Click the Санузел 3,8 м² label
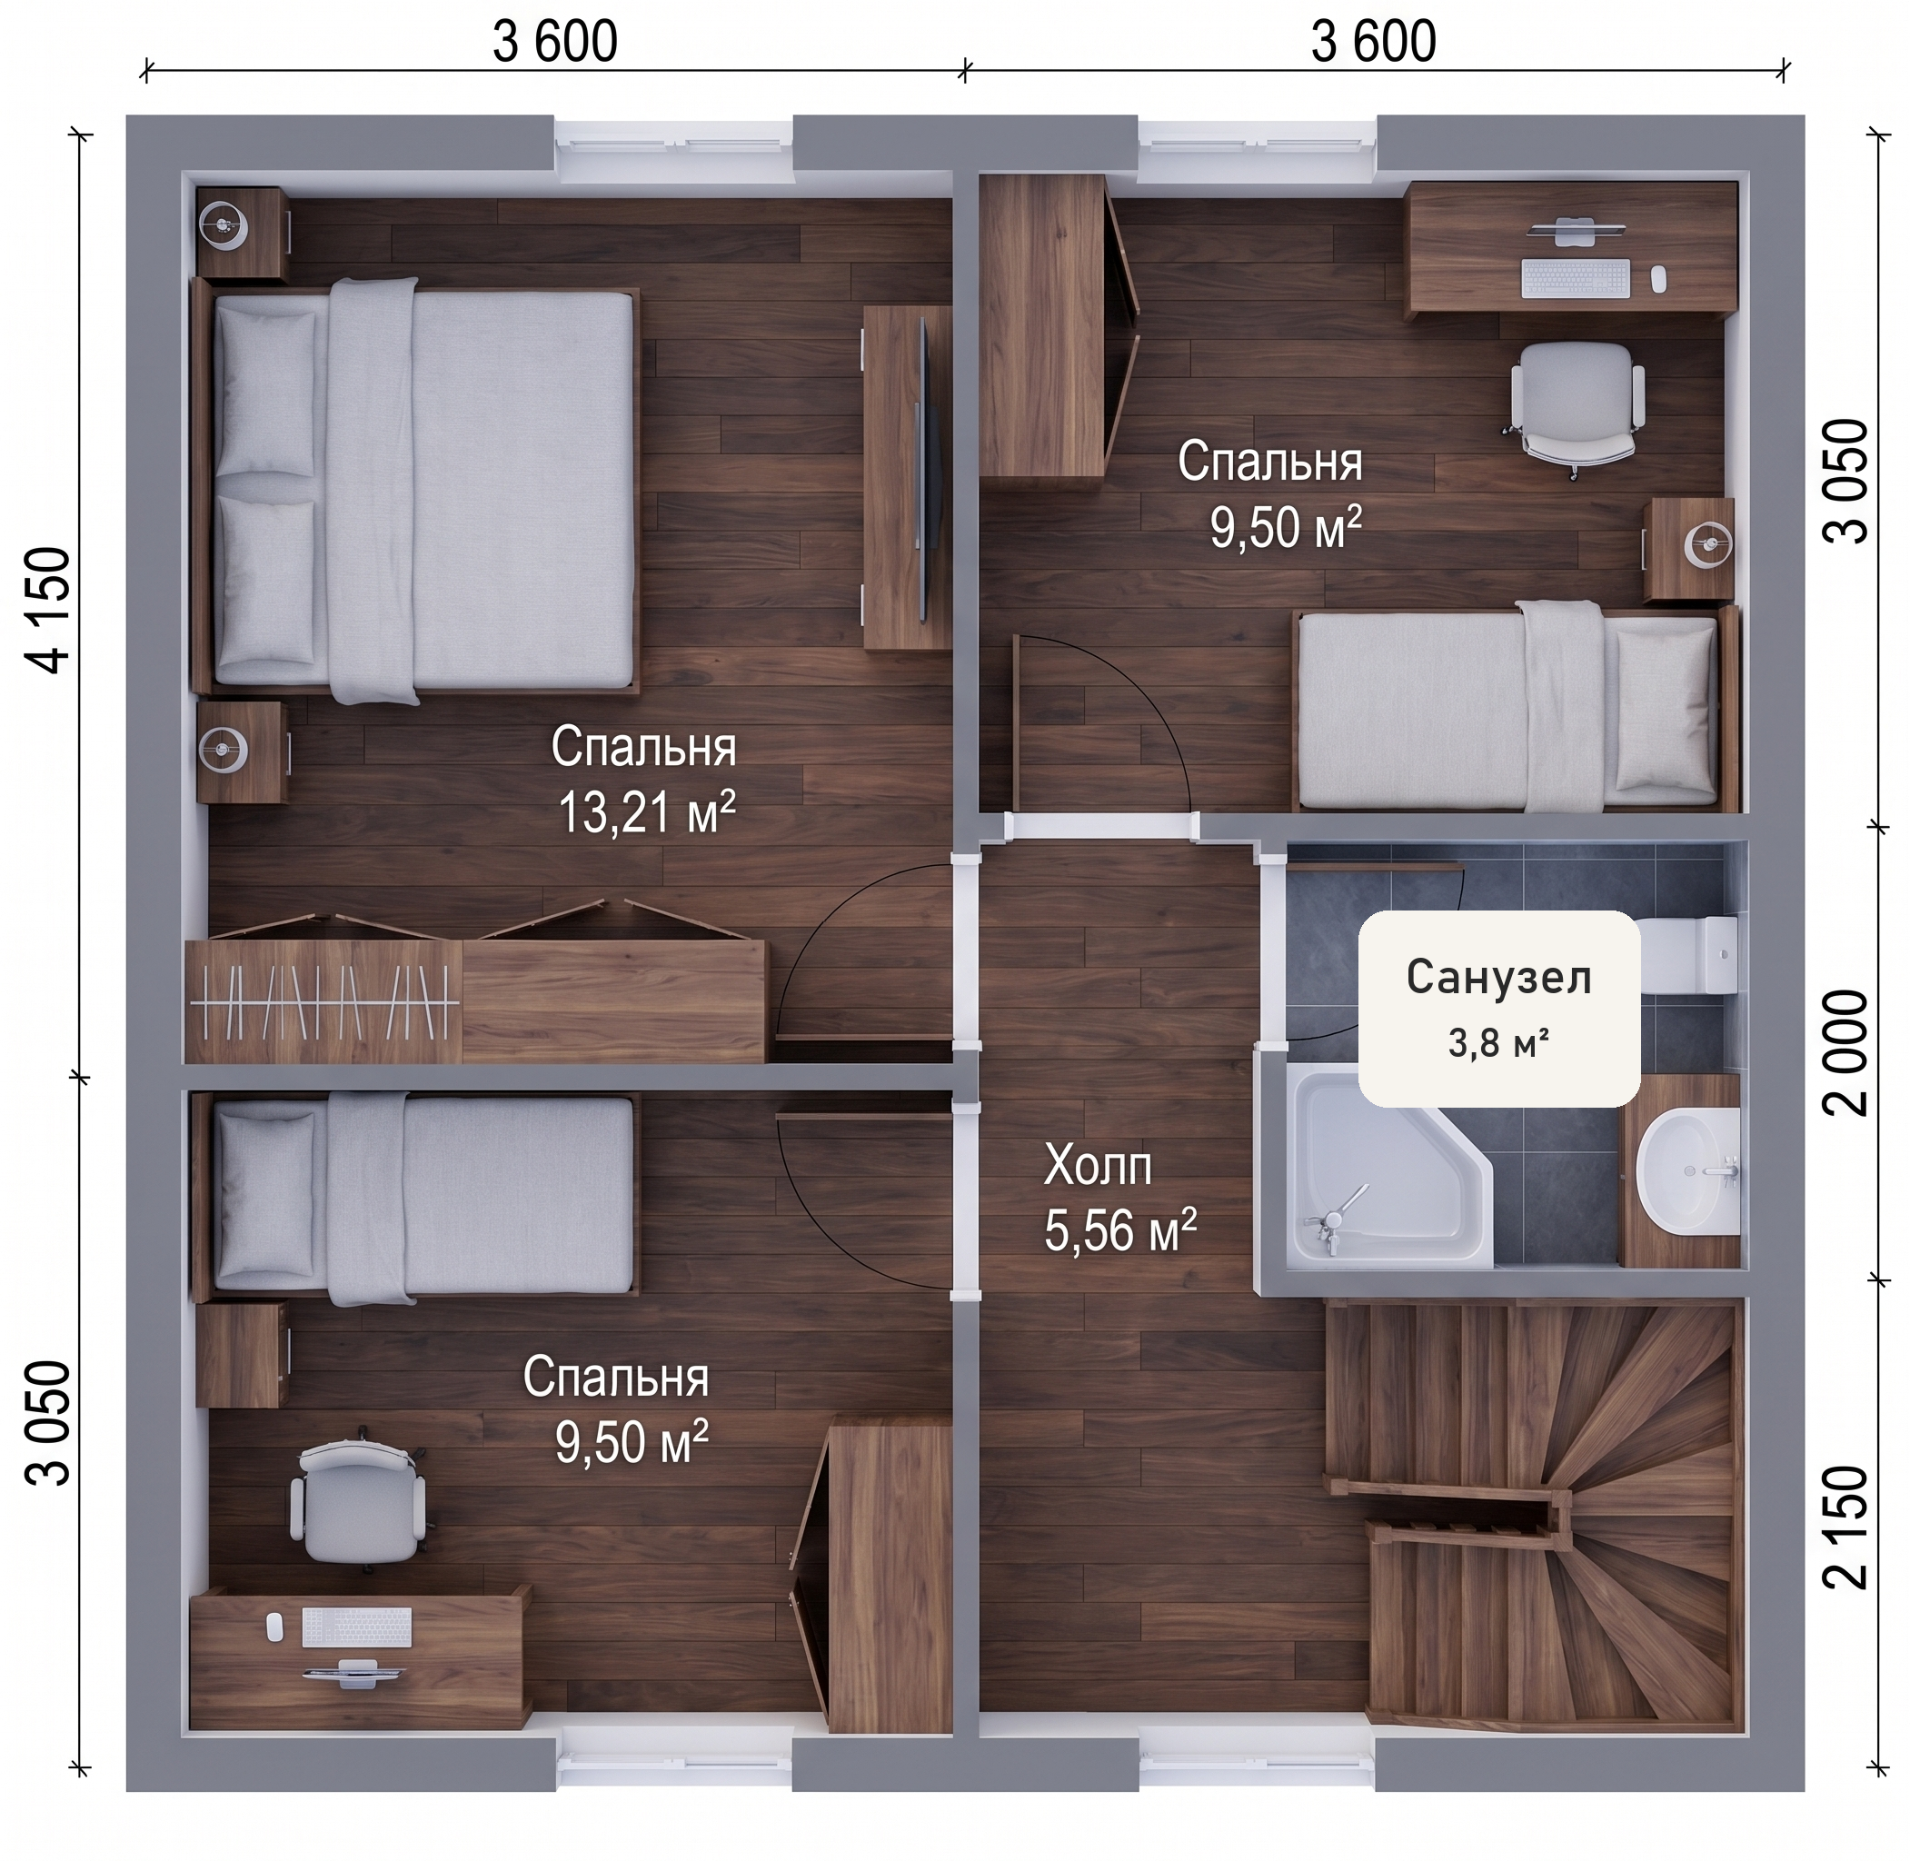coord(1498,1008)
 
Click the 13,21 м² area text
coord(646,812)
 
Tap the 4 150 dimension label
coord(50,610)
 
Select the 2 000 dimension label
coord(1846,1051)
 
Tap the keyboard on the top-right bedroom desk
coord(1576,277)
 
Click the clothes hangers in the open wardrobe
coord(323,1003)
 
